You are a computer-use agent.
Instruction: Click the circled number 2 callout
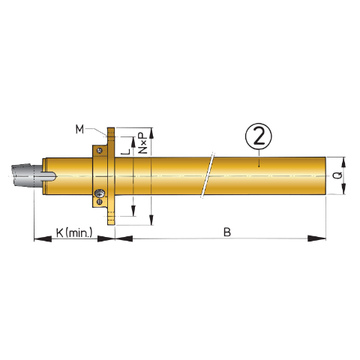coord(257,136)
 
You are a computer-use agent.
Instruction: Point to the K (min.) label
coord(73,232)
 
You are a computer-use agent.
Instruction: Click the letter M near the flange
coord(79,129)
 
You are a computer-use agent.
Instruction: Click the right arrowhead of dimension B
coord(322,239)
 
